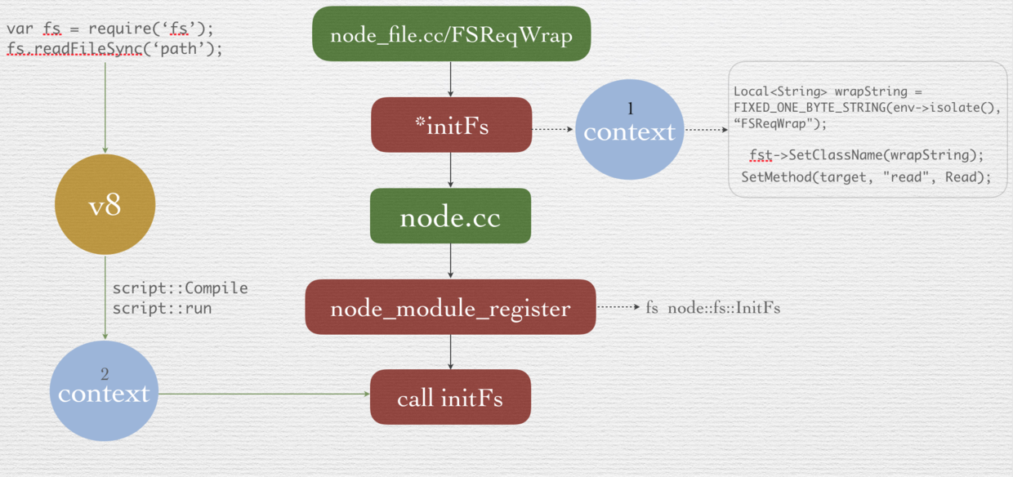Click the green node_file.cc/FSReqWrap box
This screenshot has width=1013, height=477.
(x=451, y=34)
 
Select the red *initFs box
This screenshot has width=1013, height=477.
(x=451, y=125)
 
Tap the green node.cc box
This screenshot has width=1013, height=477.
(x=450, y=216)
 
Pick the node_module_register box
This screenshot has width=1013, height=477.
(x=450, y=308)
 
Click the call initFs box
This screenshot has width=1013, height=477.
(x=450, y=398)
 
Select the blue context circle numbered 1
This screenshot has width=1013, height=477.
(x=629, y=129)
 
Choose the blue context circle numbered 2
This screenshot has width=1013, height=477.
(x=104, y=390)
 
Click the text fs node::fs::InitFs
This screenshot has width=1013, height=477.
(x=712, y=308)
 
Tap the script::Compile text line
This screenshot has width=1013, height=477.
(x=180, y=288)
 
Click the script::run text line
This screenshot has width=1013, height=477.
(x=162, y=309)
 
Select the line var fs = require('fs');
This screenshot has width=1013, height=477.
(x=110, y=29)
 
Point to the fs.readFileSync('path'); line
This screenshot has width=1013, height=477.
(x=114, y=49)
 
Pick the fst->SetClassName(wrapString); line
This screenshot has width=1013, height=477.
(x=866, y=154)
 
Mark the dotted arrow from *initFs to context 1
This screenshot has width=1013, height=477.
(x=553, y=129)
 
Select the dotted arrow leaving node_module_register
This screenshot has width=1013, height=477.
(x=618, y=308)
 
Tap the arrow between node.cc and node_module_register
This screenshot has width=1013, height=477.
(x=450, y=261)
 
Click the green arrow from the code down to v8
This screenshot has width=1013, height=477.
(x=105, y=106)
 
